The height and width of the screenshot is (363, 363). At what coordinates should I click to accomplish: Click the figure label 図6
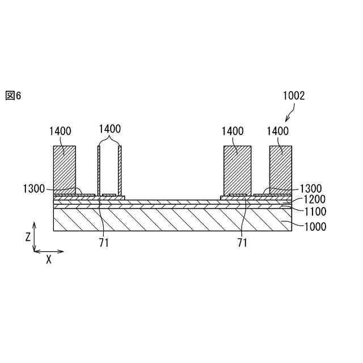point(13,95)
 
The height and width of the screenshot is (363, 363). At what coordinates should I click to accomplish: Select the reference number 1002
point(294,96)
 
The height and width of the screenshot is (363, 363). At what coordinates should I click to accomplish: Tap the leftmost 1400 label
point(60,131)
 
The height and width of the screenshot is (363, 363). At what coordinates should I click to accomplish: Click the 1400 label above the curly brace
point(109,129)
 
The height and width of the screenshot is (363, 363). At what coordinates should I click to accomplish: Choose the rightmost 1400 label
point(277,131)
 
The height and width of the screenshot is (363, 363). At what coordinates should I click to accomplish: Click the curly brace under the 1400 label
point(109,140)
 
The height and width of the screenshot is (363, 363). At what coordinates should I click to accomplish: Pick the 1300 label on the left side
point(34,188)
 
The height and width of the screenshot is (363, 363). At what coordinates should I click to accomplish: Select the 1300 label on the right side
point(311,188)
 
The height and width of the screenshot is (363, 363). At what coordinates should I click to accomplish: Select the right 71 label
point(242,243)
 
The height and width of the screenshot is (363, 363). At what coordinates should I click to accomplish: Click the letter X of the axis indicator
point(49,260)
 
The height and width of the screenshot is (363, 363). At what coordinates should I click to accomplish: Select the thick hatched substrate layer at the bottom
point(170,220)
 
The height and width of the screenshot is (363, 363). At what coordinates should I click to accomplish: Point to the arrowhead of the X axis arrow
point(62,251)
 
